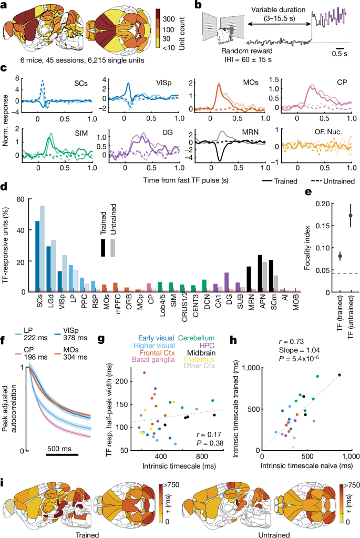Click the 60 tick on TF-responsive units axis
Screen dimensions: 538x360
pyautogui.click(x=22, y=199)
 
